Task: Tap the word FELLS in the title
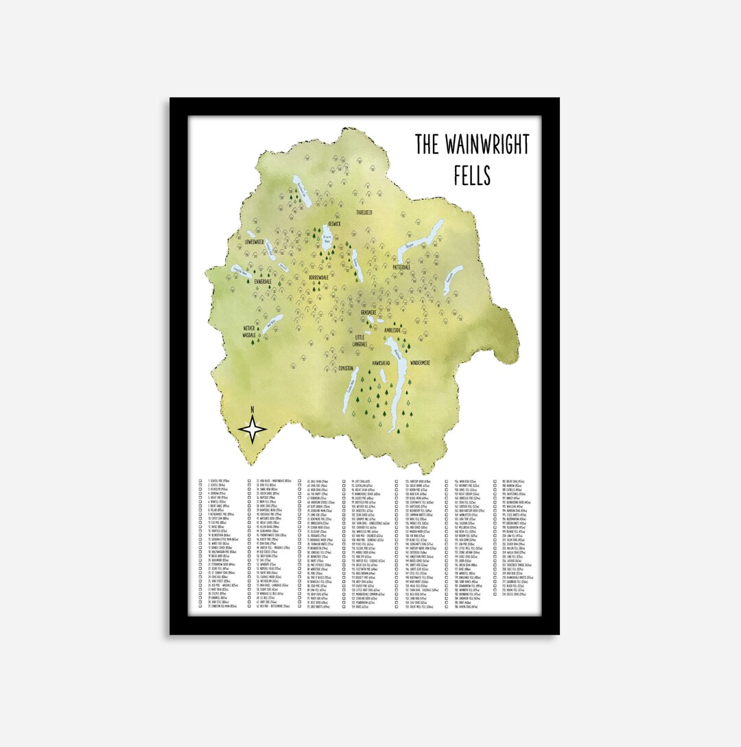[472, 176]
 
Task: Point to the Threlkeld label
[364, 213]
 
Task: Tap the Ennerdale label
[263, 281]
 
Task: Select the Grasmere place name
[374, 312]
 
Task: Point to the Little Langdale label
[361, 340]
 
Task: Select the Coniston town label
[346, 368]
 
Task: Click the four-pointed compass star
[252, 431]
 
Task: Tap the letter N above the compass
[252, 410]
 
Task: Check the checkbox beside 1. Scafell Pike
[200, 482]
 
